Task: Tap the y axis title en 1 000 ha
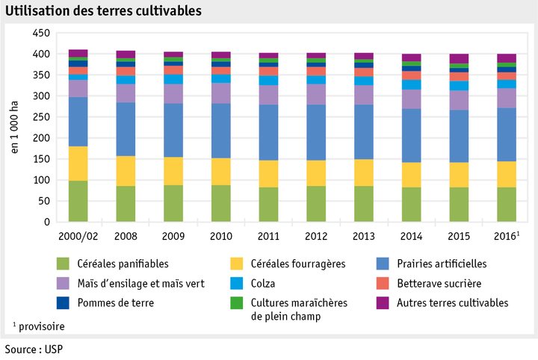point(15,128)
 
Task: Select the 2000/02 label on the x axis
point(78,235)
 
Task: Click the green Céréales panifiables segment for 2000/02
point(78,201)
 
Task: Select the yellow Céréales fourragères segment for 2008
point(126,171)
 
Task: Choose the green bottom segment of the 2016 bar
point(507,205)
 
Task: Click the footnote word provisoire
point(41,326)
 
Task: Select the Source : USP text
point(34,349)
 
